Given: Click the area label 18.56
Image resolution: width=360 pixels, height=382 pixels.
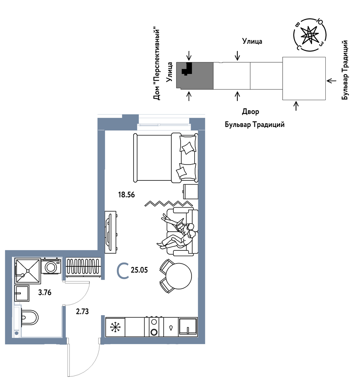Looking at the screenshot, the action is [x=126, y=195].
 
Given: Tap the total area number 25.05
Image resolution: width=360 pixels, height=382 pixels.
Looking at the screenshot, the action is [x=139, y=270].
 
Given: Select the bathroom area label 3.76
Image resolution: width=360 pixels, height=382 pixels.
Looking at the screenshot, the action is [x=45, y=293].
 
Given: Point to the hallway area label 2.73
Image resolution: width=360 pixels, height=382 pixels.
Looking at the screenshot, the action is [x=82, y=311].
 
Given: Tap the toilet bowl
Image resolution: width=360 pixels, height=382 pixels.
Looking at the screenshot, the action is [x=30, y=318].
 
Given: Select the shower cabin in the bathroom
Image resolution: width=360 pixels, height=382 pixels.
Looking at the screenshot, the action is [x=28, y=271].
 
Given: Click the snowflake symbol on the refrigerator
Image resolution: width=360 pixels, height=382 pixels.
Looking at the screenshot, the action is [x=115, y=327].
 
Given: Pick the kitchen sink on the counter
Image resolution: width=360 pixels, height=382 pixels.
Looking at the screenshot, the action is [x=188, y=327].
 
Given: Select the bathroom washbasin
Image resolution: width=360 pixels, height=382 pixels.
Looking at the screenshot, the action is [x=22, y=293].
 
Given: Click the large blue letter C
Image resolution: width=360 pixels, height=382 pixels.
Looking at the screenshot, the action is [x=123, y=271].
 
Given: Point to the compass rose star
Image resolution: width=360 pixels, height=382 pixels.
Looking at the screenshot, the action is [x=309, y=35].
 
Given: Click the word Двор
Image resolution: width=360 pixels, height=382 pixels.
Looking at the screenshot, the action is [x=250, y=112].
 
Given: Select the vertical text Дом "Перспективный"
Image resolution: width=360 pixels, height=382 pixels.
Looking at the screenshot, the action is [x=157, y=64].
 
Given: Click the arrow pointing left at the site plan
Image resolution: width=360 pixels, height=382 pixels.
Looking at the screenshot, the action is [x=331, y=81].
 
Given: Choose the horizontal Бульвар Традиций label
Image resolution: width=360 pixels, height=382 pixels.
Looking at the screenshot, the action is [x=255, y=125].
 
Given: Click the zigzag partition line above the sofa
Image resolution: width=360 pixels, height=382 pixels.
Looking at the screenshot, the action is [x=169, y=203].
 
